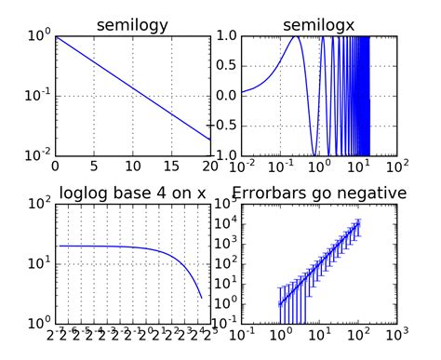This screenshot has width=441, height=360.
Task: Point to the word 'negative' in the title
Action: pyautogui.click(x=375, y=193)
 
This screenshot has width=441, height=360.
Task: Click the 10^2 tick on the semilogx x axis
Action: pyautogui.click(x=396, y=167)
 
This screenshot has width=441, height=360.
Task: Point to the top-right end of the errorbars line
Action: pyautogui.click(x=358, y=223)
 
